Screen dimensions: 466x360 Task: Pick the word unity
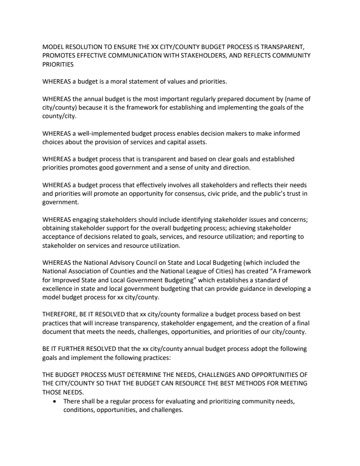[x=213, y=168]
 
